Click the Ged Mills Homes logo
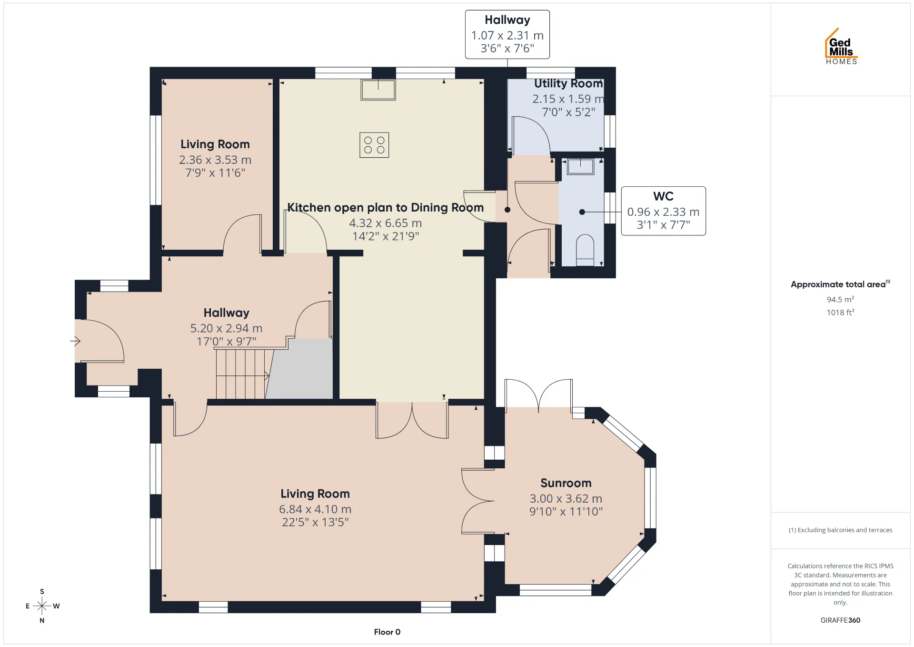click(x=841, y=46)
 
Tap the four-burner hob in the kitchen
click(x=374, y=145)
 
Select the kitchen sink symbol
click(x=378, y=90)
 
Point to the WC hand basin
click(x=580, y=167)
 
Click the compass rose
click(x=42, y=606)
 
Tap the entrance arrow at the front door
click(x=75, y=341)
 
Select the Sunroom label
click(x=566, y=483)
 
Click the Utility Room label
click(x=568, y=83)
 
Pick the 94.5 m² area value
click(x=840, y=299)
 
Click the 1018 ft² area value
click(x=840, y=312)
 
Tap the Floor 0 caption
click(x=387, y=632)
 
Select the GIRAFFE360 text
click(x=840, y=620)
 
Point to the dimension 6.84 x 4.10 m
click(x=315, y=509)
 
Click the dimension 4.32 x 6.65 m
click(x=386, y=223)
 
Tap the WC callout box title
click(x=663, y=196)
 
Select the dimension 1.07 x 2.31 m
click(x=507, y=35)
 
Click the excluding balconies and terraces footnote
click(x=840, y=530)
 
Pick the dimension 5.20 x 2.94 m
click(x=226, y=328)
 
